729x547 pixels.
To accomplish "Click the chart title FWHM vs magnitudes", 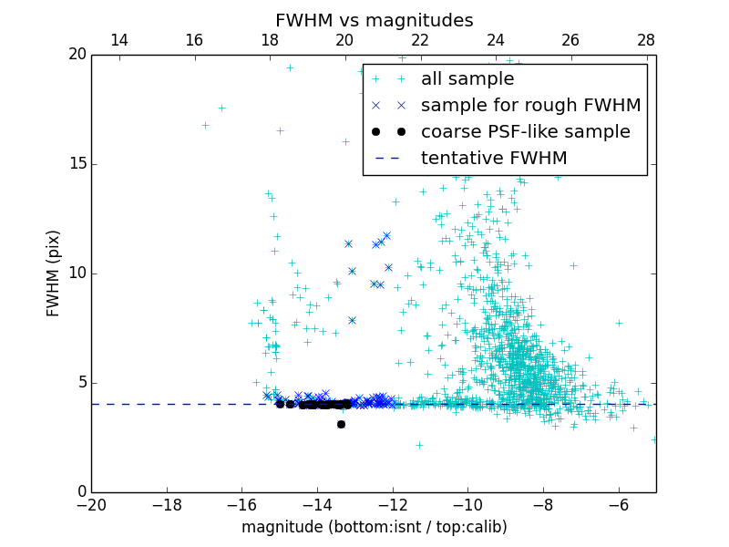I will coord(374,20).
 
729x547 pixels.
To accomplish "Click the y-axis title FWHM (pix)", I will coord(54,273).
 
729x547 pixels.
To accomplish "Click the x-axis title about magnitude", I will coord(374,527).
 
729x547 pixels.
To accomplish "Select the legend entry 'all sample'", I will coord(467,79).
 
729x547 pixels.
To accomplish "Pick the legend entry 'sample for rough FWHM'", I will coord(530,106).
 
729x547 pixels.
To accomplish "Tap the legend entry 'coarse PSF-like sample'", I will coord(525,132).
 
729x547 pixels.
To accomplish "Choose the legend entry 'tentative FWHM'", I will coord(493,159).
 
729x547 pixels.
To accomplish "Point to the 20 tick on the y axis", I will coord(77,55).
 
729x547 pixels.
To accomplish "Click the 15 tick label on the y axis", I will coord(77,164).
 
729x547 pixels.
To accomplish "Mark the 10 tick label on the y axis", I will coord(77,273).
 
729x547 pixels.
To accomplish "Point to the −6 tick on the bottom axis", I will coord(619,504).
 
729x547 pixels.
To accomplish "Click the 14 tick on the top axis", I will coord(118,40).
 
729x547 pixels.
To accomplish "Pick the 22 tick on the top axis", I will coord(420,40).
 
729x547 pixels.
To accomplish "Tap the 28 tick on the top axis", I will coord(646,40).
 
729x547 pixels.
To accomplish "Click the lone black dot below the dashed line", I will coord(341,424).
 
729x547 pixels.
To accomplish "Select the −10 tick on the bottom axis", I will coord(467,504).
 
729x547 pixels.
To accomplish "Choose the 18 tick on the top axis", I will coord(270,40).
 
